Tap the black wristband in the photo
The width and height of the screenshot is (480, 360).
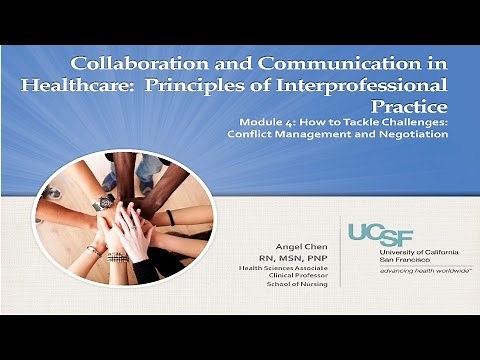170,218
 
